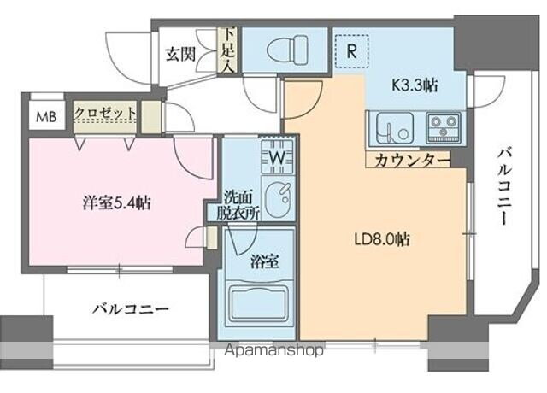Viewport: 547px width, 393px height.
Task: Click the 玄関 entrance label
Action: (x=181, y=55)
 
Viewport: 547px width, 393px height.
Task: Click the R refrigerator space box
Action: (x=350, y=48)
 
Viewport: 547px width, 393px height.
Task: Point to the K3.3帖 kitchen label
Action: (x=415, y=85)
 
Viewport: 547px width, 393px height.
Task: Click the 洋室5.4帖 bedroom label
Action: (x=116, y=203)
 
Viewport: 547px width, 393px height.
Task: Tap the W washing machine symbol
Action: (x=278, y=158)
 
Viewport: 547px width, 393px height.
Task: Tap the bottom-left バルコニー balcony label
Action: (x=130, y=309)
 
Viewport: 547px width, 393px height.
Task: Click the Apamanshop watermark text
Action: (x=270, y=350)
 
